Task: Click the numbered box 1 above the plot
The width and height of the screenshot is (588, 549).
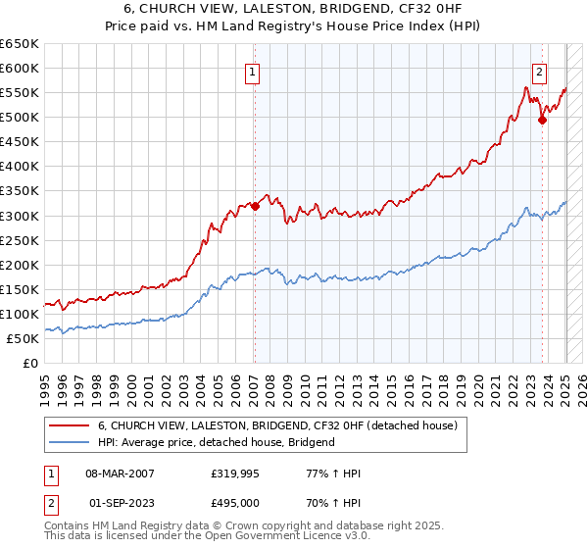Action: click(253, 71)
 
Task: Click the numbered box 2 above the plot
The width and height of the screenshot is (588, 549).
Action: click(540, 71)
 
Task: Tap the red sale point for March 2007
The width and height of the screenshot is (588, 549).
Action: click(254, 206)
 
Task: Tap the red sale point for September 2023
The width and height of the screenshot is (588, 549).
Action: click(542, 121)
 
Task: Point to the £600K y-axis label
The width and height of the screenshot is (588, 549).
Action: click(20, 69)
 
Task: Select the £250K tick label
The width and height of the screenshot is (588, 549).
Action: click(20, 240)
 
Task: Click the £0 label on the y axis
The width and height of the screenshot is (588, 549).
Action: click(28, 363)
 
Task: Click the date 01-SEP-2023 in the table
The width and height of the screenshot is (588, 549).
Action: click(121, 503)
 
